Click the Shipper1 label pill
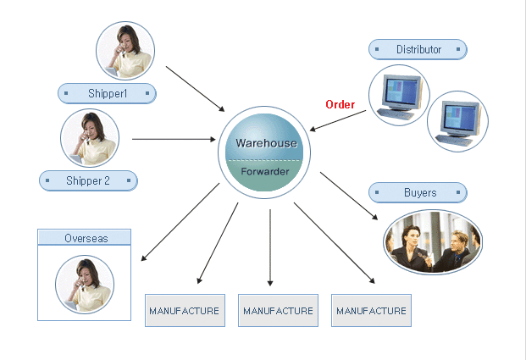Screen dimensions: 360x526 [107, 93]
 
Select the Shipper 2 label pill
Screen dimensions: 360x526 [88, 180]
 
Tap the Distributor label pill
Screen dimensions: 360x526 [418, 49]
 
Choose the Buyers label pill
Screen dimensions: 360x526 [419, 193]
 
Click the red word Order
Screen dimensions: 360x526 [340, 105]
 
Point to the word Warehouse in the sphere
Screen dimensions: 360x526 [266, 143]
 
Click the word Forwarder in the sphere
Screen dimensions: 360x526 [265, 171]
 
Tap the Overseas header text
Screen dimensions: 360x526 [85, 238]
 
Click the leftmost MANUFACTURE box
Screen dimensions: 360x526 [184, 311]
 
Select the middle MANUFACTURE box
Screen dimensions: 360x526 [278, 311]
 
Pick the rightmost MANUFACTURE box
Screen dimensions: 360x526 [371, 311]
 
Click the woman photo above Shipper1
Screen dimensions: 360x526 [125, 51]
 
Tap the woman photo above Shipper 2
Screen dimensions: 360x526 [90, 138]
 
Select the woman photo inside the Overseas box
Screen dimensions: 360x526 [85, 284]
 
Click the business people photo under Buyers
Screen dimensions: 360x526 [432, 242]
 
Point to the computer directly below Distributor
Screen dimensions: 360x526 [399, 95]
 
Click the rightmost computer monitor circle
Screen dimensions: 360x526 [458, 121]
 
